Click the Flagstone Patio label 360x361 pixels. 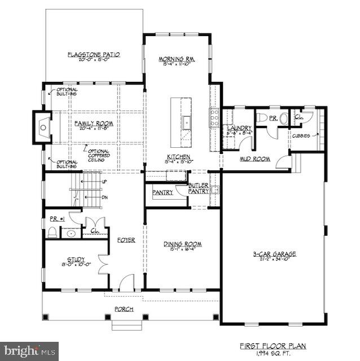pyautogui.click(x=94, y=55)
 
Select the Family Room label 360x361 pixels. pyautogui.click(x=94, y=123)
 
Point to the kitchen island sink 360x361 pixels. pyautogui.click(x=185, y=120)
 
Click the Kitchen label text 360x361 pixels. pyautogui.click(x=178, y=157)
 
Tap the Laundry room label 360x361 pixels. pyautogui.click(x=239, y=129)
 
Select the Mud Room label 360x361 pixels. pyautogui.click(x=256, y=159)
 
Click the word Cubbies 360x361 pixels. pyautogui.click(x=300, y=135)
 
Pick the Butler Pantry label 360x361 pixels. pyautogui.click(x=198, y=188)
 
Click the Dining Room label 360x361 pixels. pyautogui.click(x=183, y=244)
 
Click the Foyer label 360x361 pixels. pyautogui.click(x=126, y=240)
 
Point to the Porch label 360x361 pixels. pyautogui.click(x=124, y=309)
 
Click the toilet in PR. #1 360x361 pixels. pyautogui.click(x=52, y=231)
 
